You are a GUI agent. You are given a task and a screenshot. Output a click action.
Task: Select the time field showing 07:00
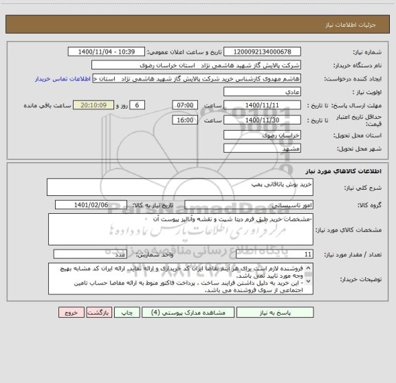coord(185,105)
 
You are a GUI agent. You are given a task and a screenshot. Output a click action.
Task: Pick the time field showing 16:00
coord(185,120)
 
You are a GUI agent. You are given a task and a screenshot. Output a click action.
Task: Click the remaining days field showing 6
coord(138,105)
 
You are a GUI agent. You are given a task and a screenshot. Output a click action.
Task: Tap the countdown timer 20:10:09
coord(98,105)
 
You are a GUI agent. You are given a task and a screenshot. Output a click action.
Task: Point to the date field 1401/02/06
coord(100,205)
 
